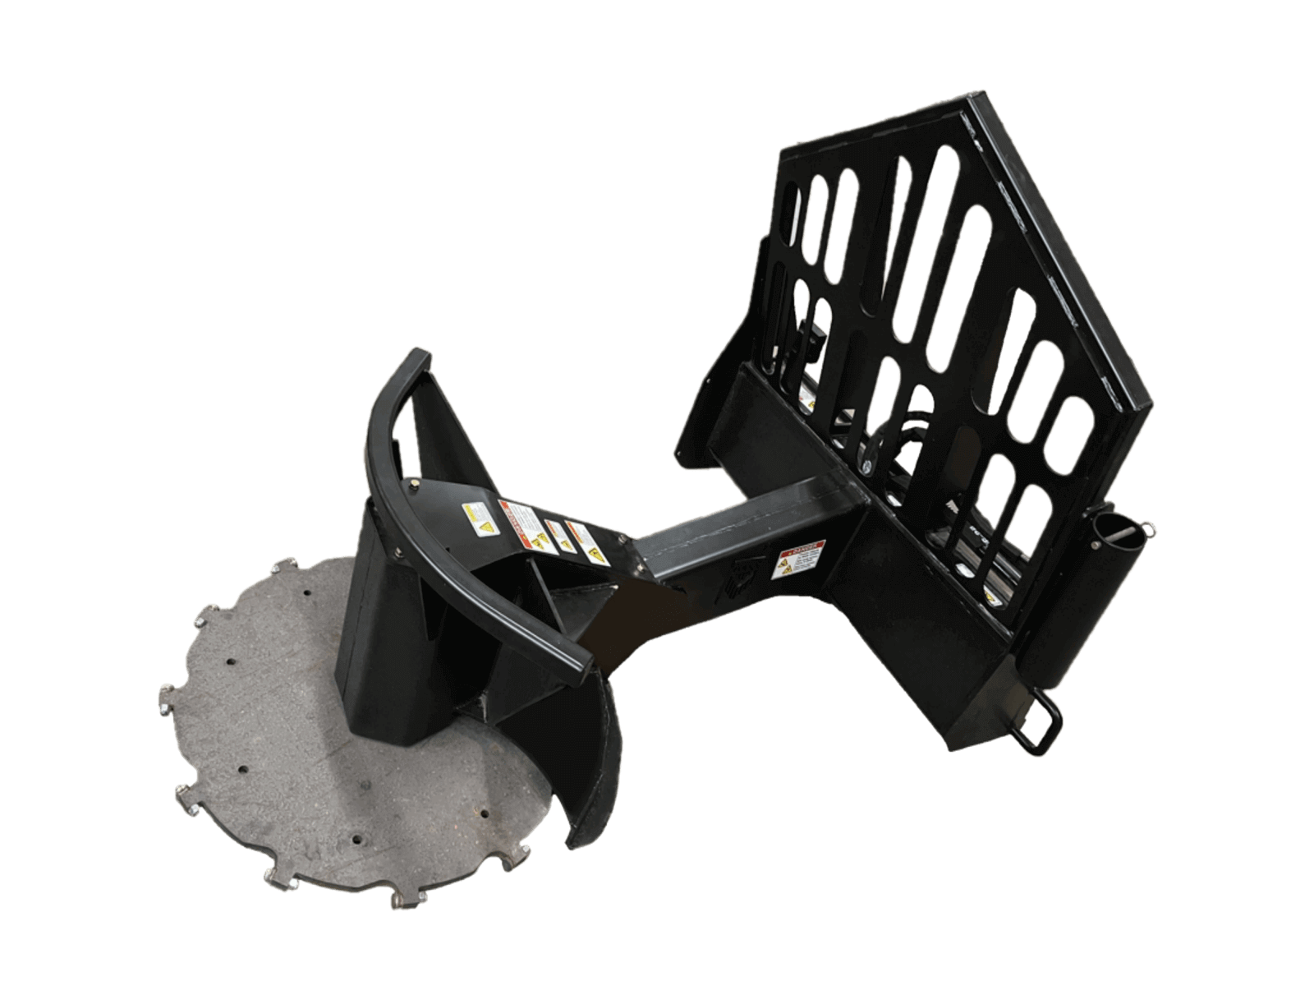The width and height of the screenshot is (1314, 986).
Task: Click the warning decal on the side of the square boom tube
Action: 794,560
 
